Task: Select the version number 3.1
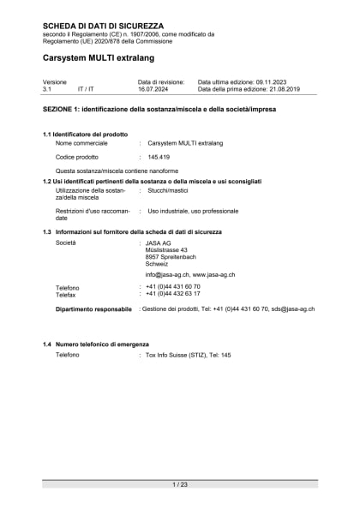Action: coord(48,88)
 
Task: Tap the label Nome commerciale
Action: coord(83,144)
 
